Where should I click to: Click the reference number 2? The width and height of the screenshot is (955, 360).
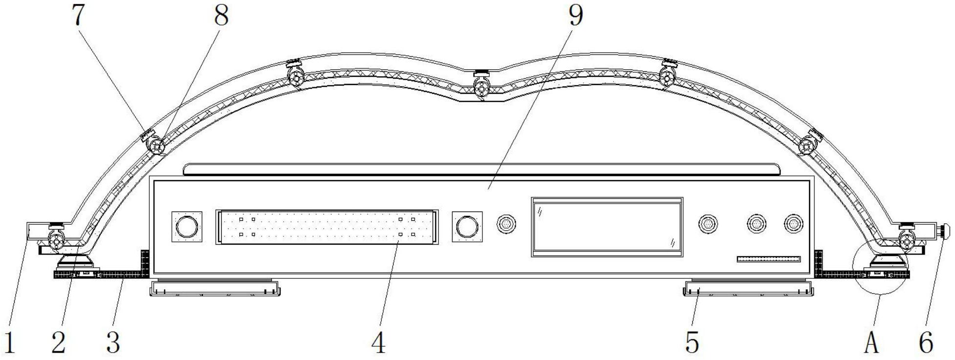[x=59, y=342]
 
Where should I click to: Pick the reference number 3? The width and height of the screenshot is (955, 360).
[x=113, y=342]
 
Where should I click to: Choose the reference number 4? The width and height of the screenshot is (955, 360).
[x=378, y=342]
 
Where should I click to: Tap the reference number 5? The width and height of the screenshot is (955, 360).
[x=692, y=342]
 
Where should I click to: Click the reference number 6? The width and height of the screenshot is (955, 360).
[x=926, y=342]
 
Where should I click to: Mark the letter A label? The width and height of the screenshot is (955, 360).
[x=872, y=342]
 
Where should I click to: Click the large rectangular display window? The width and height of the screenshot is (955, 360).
[x=607, y=227]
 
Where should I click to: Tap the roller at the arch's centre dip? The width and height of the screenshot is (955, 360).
[x=481, y=88]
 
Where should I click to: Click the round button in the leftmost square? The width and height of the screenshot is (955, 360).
[x=187, y=226]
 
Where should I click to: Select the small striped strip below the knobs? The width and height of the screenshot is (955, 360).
[x=768, y=259]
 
